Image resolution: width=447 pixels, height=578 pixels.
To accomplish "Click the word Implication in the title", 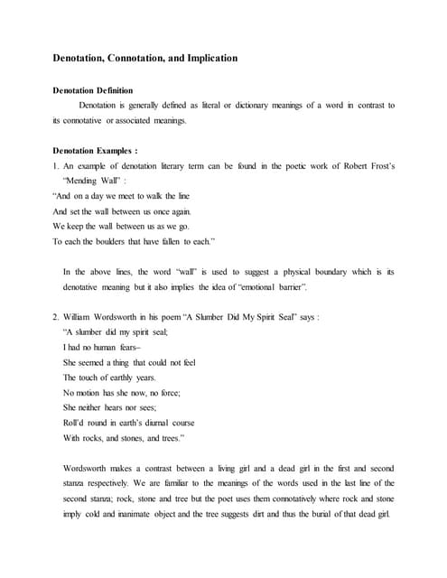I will click(210, 58).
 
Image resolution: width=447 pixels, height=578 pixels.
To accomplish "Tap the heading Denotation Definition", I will click(92, 90).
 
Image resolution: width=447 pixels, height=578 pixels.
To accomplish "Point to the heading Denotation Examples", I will click(95, 151).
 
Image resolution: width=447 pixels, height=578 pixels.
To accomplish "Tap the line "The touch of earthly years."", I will click(109, 377).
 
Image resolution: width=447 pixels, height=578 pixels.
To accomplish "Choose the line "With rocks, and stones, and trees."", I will click(124, 437).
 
